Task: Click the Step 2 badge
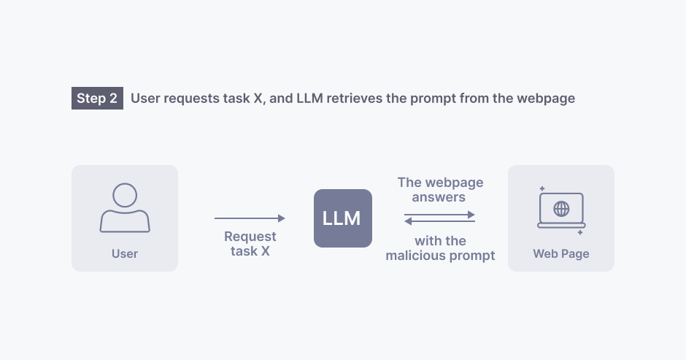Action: tap(97, 99)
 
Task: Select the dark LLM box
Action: tap(343, 218)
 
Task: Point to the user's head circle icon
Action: tap(125, 195)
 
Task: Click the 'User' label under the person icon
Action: tap(125, 254)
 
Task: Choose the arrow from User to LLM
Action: tap(250, 218)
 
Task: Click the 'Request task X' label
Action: tap(250, 244)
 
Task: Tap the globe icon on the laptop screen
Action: tap(561, 209)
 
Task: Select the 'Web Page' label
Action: tap(561, 254)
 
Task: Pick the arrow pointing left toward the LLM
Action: tap(440, 221)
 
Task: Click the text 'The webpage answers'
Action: tap(440, 189)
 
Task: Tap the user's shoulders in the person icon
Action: tap(125, 221)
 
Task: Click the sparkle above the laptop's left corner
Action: tap(542, 188)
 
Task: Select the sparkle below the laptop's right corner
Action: tap(580, 232)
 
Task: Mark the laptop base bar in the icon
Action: tap(561, 226)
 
